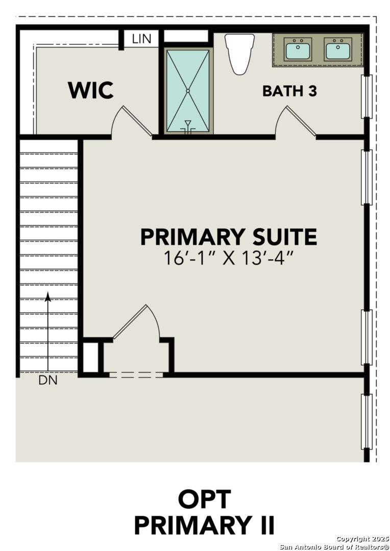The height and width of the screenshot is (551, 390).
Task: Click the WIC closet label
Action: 91,90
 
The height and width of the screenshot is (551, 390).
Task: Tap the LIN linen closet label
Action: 141,39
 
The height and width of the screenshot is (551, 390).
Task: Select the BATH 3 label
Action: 289,91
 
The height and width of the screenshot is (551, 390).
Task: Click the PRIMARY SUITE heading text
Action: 228,237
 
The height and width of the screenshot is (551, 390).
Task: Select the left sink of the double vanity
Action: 298,50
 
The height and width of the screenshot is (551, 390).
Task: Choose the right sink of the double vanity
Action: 337,50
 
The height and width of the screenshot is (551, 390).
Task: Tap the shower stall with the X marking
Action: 188,91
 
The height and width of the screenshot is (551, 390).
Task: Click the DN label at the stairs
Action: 48,381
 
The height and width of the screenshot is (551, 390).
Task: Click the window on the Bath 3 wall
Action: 367,96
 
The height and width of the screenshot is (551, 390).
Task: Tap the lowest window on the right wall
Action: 367,421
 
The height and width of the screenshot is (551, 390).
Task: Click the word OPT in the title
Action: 204,499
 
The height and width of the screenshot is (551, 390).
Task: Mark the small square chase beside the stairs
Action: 91,358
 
